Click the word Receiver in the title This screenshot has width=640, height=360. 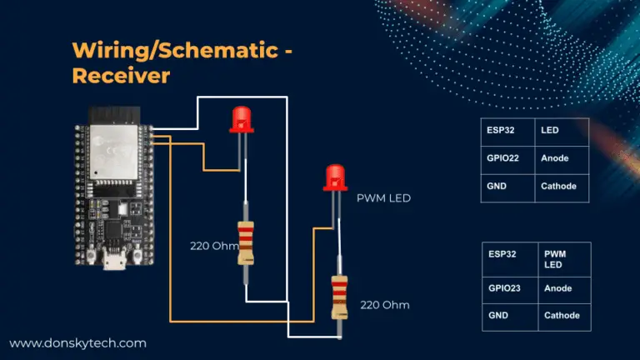point(121,76)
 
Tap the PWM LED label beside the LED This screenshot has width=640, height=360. point(383,198)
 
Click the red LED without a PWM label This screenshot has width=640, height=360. point(242,119)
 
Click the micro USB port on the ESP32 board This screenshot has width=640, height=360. point(111,263)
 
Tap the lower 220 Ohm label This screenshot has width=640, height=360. point(385,305)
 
